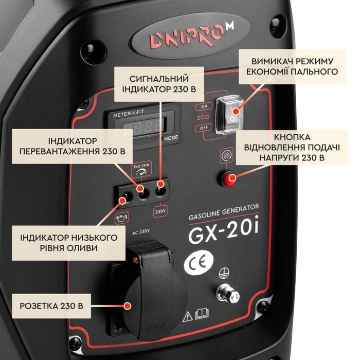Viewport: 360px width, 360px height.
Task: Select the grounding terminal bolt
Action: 227,294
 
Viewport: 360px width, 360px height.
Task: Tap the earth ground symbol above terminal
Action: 224,273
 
